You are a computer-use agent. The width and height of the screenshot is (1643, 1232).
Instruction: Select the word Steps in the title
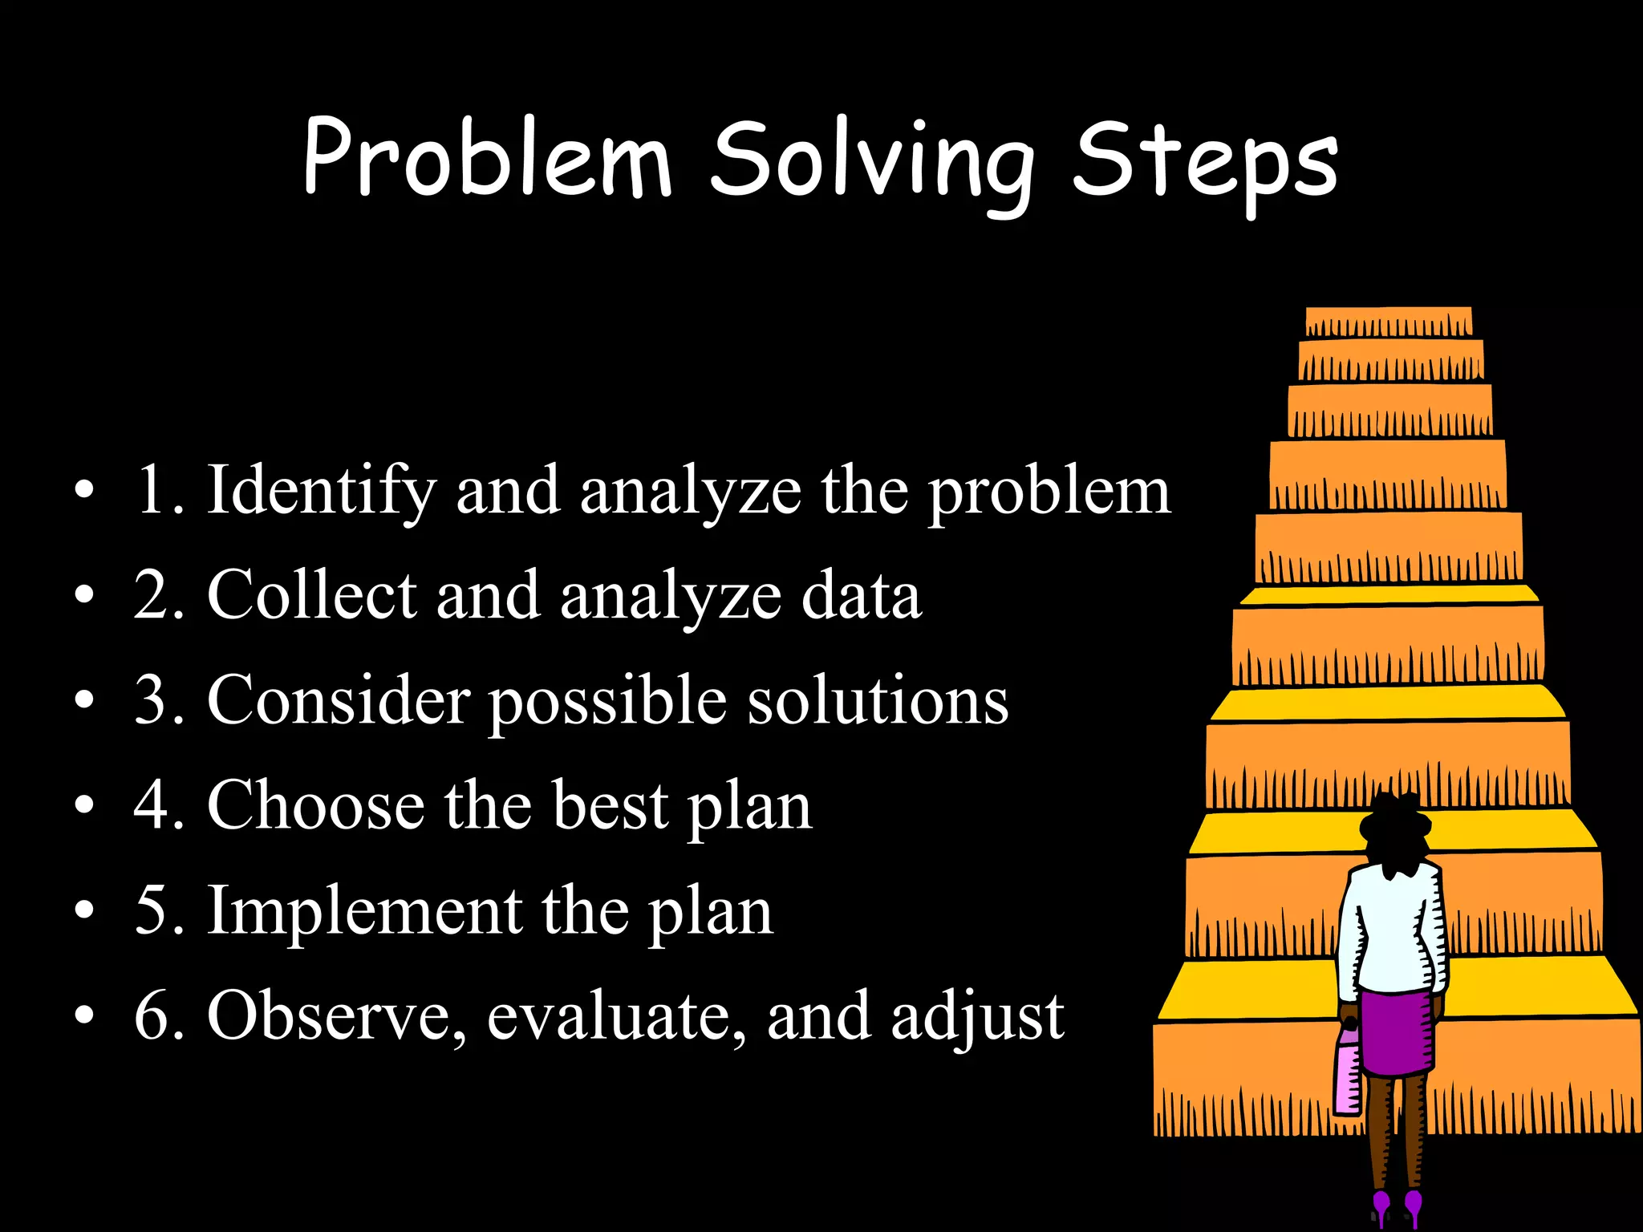1205,163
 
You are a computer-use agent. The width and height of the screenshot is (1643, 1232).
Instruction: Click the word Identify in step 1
322,491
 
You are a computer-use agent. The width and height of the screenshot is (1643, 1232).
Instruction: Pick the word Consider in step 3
338,700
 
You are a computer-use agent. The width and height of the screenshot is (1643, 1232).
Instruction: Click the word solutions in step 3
878,700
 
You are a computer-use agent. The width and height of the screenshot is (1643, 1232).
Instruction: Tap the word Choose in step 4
315,805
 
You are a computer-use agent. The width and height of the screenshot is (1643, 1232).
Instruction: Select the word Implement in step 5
365,911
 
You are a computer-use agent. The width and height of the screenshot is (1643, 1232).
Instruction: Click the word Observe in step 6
336,1016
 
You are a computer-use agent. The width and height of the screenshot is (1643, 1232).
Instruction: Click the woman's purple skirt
1397,1035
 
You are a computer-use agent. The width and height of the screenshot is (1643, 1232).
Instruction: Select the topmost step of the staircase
1389,320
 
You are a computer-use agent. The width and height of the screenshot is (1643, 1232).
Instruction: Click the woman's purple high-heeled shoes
1397,1207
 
